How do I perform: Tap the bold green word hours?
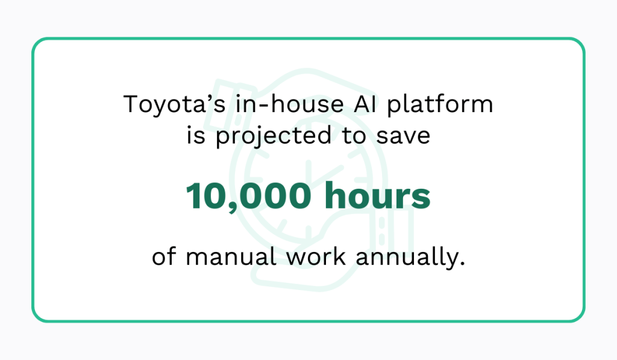tap(378, 197)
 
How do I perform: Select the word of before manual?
tap(164, 256)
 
